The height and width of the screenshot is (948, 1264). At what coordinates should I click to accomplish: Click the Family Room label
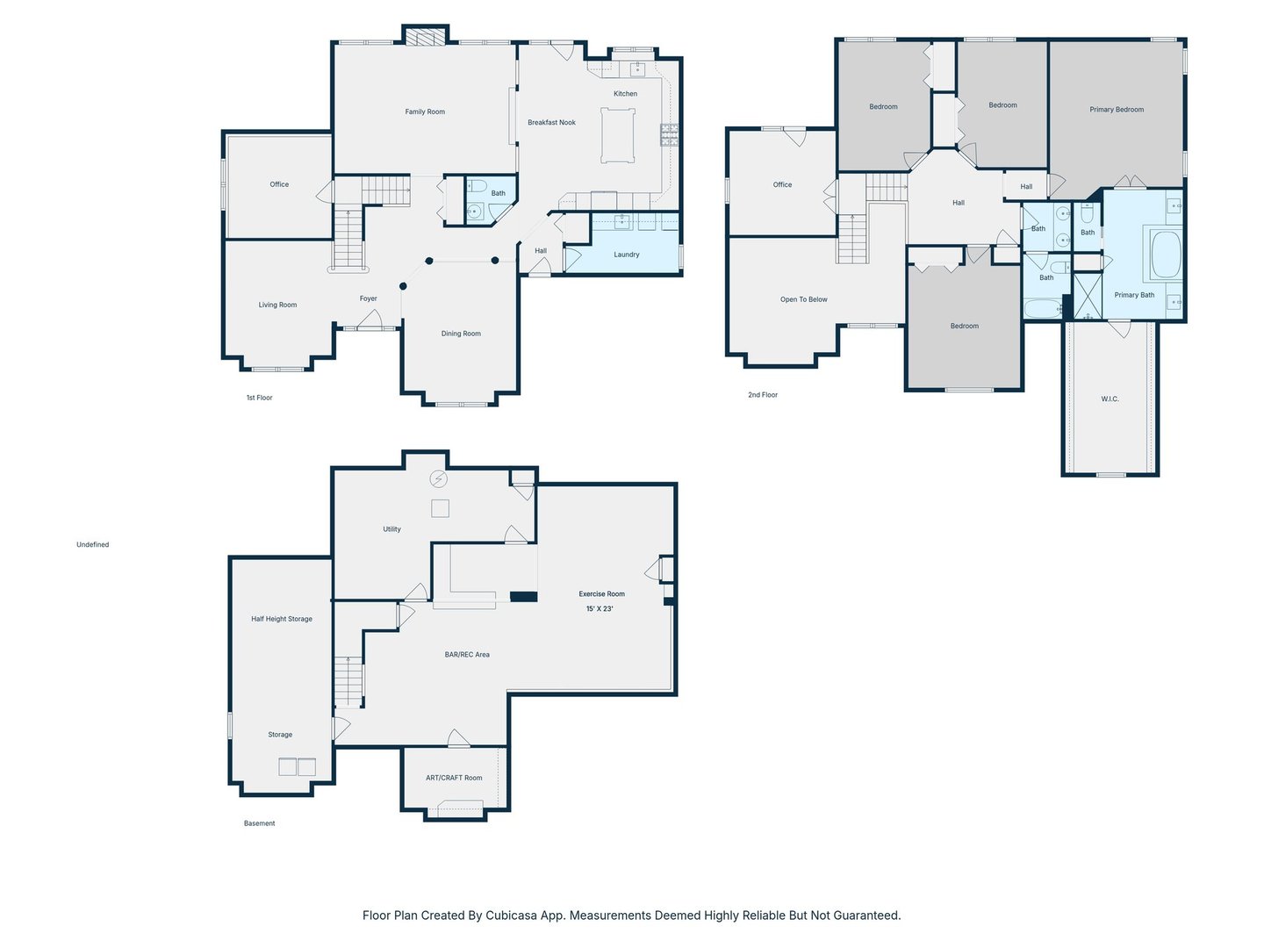(x=424, y=111)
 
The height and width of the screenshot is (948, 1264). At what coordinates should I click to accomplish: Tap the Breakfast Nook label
(x=551, y=122)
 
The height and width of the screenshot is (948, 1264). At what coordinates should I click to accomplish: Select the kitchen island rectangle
(x=618, y=136)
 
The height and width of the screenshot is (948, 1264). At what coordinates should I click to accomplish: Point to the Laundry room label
(x=626, y=255)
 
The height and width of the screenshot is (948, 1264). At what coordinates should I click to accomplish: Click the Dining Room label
(x=461, y=334)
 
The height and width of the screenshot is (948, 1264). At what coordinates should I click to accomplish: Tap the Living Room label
(x=277, y=305)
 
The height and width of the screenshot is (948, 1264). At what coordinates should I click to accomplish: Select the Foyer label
(x=368, y=298)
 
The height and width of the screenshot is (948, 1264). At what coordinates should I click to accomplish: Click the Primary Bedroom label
(x=1116, y=110)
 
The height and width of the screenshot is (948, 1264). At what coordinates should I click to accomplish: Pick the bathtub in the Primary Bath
(x=1167, y=255)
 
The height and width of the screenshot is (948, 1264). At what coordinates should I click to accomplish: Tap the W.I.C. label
(x=1110, y=399)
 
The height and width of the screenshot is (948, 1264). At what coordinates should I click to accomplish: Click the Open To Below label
(x=803, y=299)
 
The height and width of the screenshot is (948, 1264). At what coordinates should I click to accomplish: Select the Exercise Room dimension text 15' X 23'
(x=600, y=608)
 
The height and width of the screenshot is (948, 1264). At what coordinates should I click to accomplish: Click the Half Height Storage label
(x=282, y=619)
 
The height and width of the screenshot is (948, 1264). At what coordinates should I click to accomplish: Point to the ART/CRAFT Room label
(x=454, y=778)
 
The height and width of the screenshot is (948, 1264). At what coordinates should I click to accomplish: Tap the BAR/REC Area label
(x=467, y=655)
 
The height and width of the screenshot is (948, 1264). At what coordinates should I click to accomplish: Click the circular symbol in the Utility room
(x=438, y=478)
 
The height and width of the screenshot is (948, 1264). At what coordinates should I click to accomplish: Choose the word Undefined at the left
(x=93, y=544)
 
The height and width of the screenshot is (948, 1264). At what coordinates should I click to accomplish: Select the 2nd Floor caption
(x=763, y=395)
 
